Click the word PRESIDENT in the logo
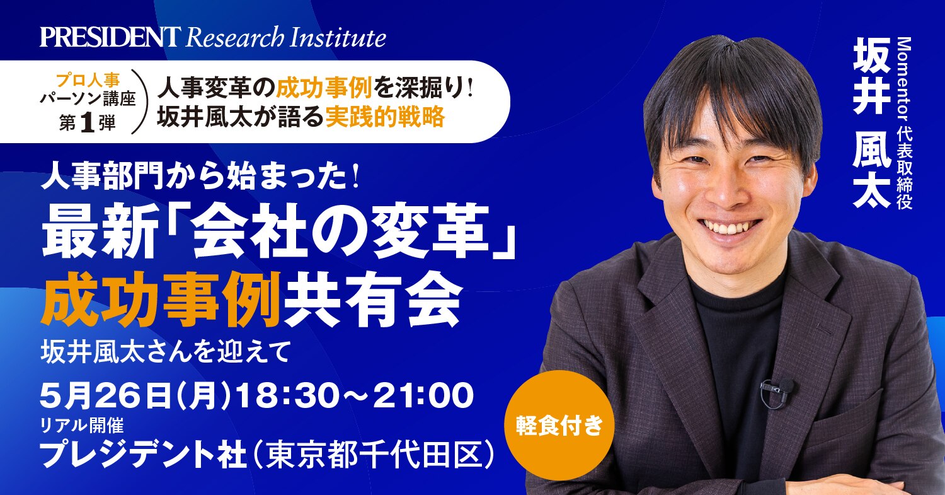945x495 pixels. pyautogui.click(x=110, y=37)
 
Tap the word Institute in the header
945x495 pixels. pyautogui.click(x=338, y=37)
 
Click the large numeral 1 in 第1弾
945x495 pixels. pyautogui.click(x=88, y=124)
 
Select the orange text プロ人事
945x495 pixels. pyautogui.click(x=88, y=80)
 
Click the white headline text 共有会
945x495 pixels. pyautogui.click(x=372, y=299)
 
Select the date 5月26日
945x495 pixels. pyautogui.click(x=106, y=395)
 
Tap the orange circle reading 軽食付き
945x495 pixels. pyautogui.click(x=559, y=425)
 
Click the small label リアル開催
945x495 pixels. pyautogui.click(x=82, y=425)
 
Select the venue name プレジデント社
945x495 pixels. pyautogui.click(x=144, y=455)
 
